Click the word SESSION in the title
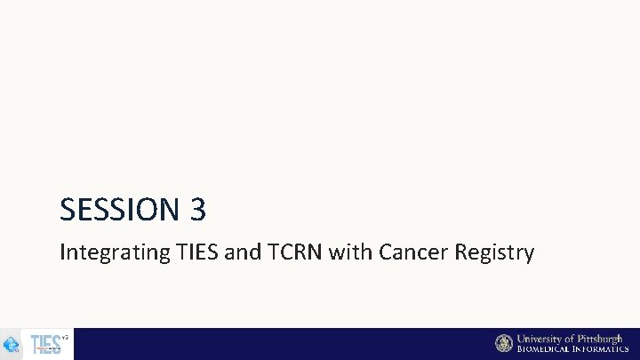coord(120,210)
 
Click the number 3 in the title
coord(197,210)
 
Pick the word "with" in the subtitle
coord(351,252)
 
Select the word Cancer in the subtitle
coord(413,252)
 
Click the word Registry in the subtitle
coord(494,253)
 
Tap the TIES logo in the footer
coord(45,344)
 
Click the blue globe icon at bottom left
coord(12,345)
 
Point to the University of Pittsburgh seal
coord(504,343)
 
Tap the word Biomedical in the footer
coord(546,349)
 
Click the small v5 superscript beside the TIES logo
coord(65,337)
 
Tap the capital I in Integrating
coord(62,252)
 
